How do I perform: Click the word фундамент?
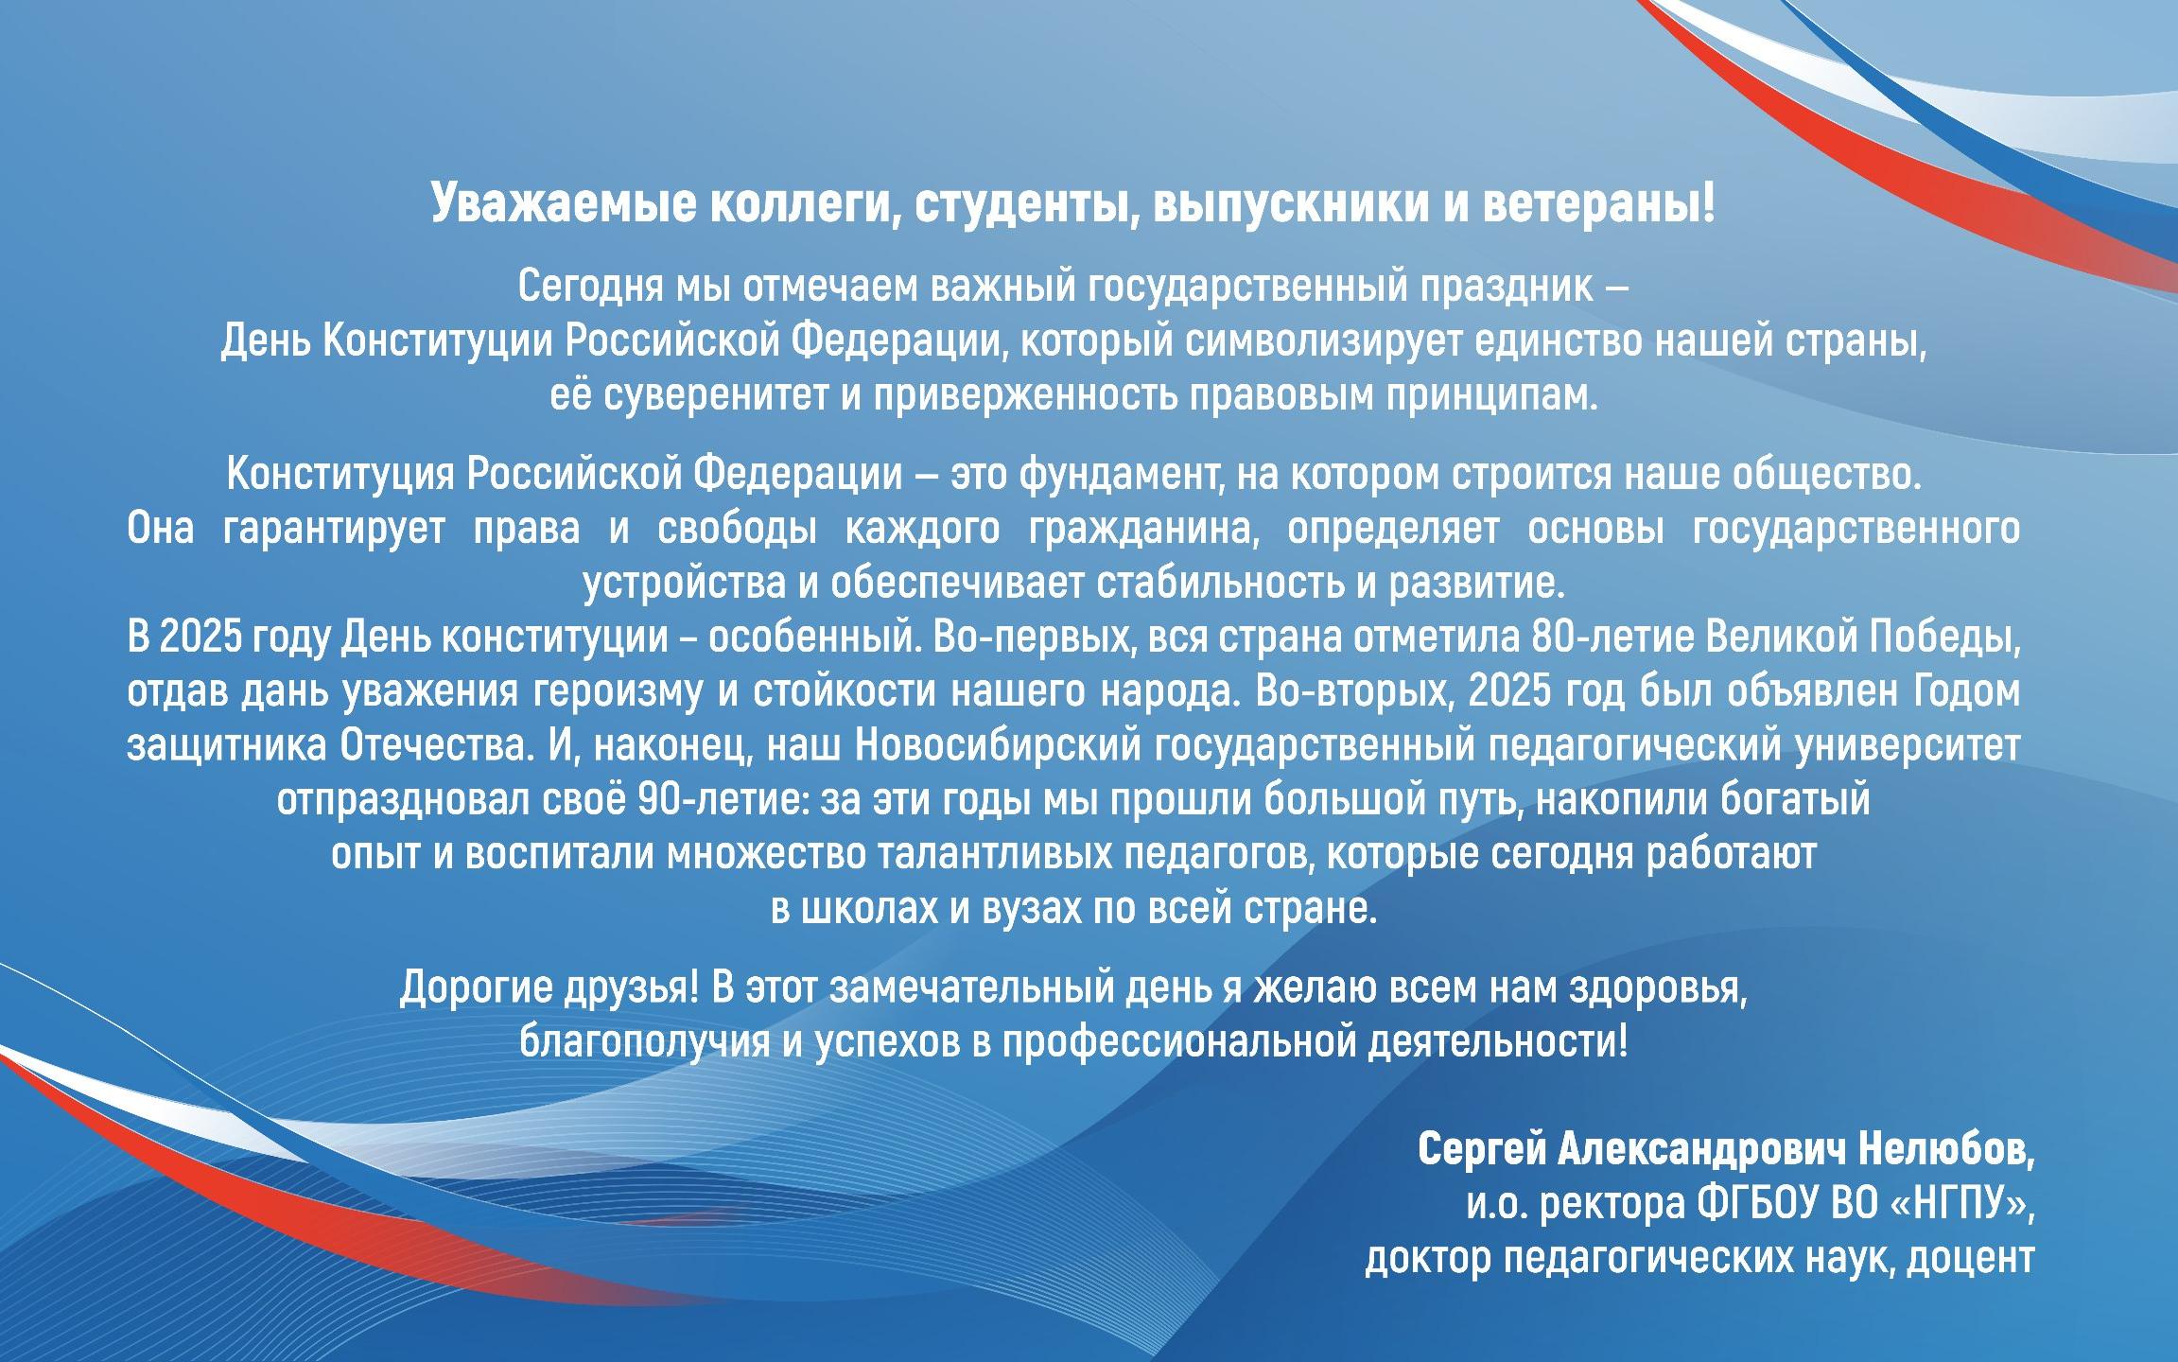[x=1108, y=474]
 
